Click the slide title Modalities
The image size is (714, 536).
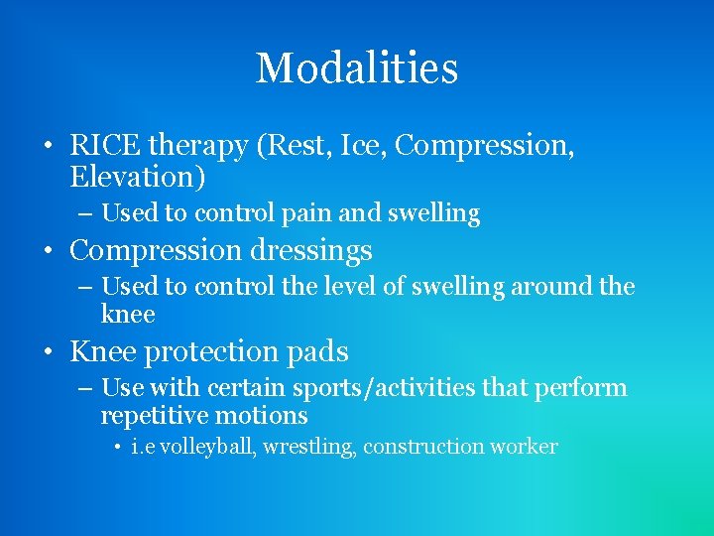pyautogui.click(x=357, y=68)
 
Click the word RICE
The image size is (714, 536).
pyautogui.click(x=105, y=147)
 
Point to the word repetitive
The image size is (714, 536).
pyautogui.click(x=160, y=415)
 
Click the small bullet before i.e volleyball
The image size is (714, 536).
pyautogui.click(x=118, y=448)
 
